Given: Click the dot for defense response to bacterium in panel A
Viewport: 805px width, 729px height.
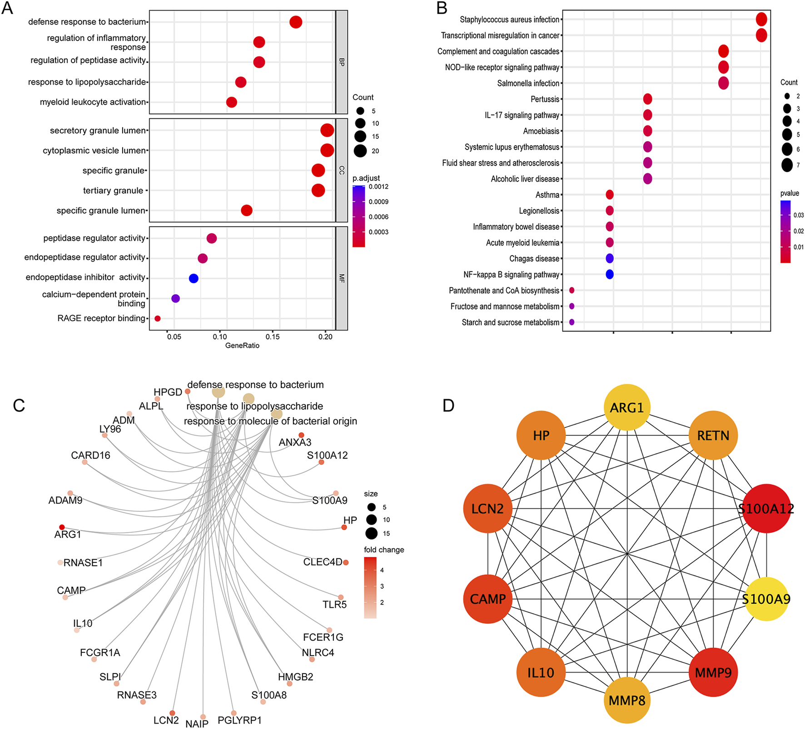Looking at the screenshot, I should coord(296,22).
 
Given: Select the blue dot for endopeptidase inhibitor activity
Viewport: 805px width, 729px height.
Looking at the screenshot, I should coord(194,278).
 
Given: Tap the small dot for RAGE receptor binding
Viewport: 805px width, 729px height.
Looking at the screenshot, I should coord(158,319).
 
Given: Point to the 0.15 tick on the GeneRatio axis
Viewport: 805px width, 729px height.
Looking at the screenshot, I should coord(273,337).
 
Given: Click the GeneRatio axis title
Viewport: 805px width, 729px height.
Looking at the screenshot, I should coord(242,346).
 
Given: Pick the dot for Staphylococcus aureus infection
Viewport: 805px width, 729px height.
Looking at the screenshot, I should coord(761,20).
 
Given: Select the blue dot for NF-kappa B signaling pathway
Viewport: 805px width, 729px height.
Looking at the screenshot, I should coord(610,274).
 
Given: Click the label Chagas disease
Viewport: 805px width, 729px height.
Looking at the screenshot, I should coord(534,259).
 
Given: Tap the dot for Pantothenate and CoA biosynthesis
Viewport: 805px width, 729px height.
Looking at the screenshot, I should coord(571,291).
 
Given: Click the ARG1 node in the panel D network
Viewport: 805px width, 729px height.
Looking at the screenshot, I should coord(627,407).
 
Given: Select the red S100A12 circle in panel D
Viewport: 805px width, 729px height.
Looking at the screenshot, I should coord(766,508).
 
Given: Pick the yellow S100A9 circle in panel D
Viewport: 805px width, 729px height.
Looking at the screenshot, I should coord(766,599).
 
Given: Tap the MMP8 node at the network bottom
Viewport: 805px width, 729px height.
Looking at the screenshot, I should coord(627,700).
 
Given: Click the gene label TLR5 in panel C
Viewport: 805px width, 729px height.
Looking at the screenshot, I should coord(334,605).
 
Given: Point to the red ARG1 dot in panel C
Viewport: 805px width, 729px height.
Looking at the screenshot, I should coord(62,527).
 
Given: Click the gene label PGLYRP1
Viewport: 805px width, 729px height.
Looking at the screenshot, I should coord(239,720).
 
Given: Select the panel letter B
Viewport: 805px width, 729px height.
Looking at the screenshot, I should coord(442,8).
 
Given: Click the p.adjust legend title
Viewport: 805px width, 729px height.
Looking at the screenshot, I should coord(366,178).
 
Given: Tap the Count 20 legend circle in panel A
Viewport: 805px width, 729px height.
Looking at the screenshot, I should coord(360,151).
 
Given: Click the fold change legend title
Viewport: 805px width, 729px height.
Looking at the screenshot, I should coord(384,550).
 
